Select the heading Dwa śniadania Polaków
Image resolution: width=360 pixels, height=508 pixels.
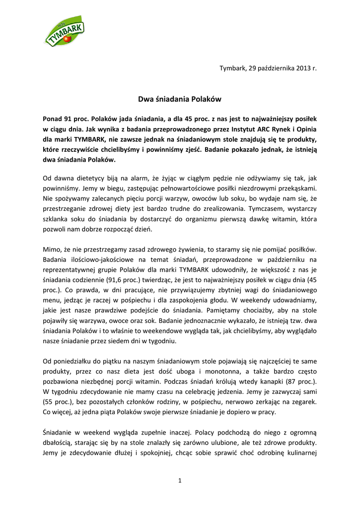tap(179, 99)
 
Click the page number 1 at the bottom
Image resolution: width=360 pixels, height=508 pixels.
tap(180, 480)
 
